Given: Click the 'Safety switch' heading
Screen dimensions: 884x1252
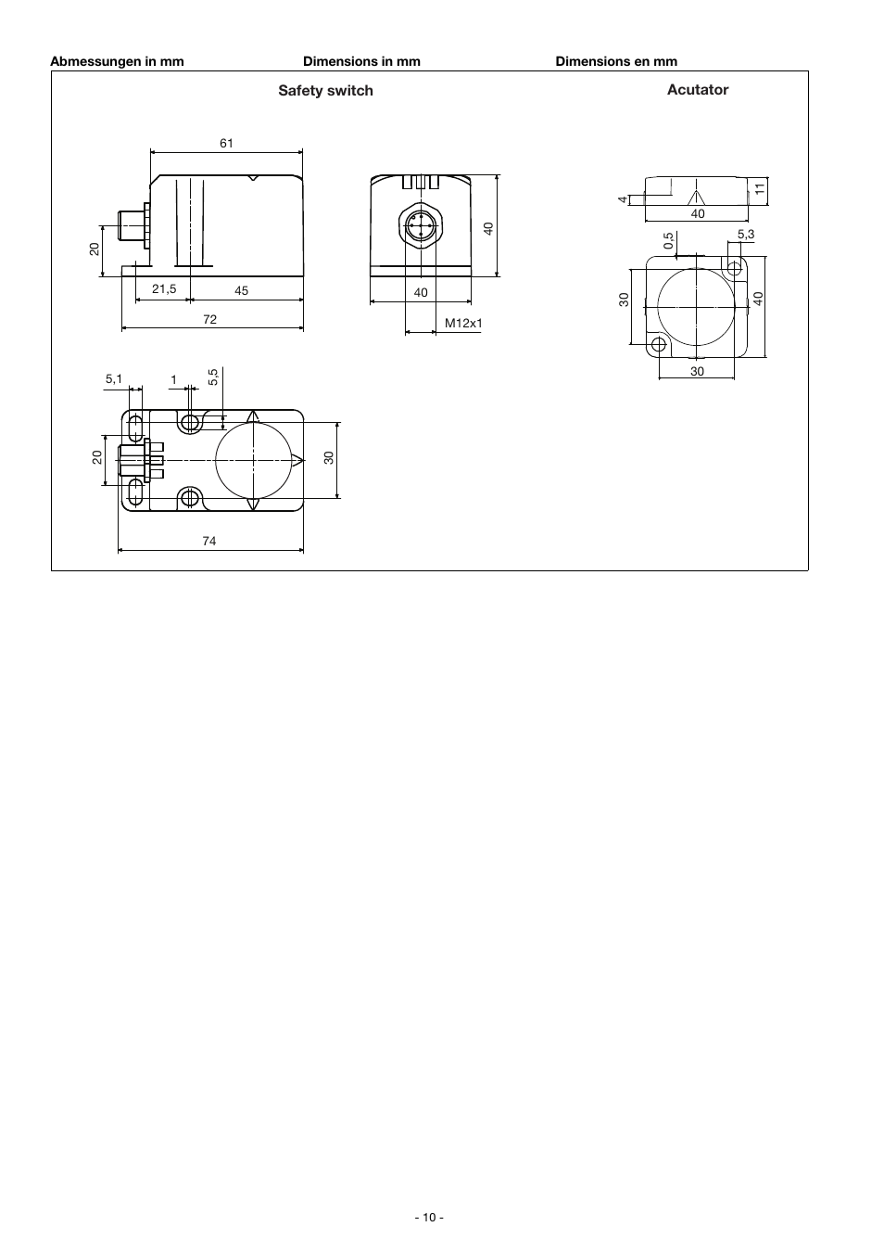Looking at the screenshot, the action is tap(325, 91).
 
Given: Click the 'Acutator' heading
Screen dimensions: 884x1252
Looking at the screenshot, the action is tap(698, 89).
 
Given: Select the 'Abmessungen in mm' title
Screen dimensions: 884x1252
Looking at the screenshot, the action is tap(118, 61).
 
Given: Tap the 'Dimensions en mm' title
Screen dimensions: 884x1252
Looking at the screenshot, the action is tap(616, 61).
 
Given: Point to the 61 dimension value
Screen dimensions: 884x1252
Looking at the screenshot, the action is tap(226, 143).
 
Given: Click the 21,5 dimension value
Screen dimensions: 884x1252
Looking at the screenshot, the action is tap(164, 289).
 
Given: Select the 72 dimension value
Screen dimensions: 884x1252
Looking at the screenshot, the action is tap(209, 319).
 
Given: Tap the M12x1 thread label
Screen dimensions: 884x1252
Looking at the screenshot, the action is tap(463, 323).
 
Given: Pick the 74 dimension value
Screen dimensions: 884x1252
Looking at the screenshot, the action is tap(208, 541).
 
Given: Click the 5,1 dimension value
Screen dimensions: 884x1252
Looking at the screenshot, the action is tap(114, 379).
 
